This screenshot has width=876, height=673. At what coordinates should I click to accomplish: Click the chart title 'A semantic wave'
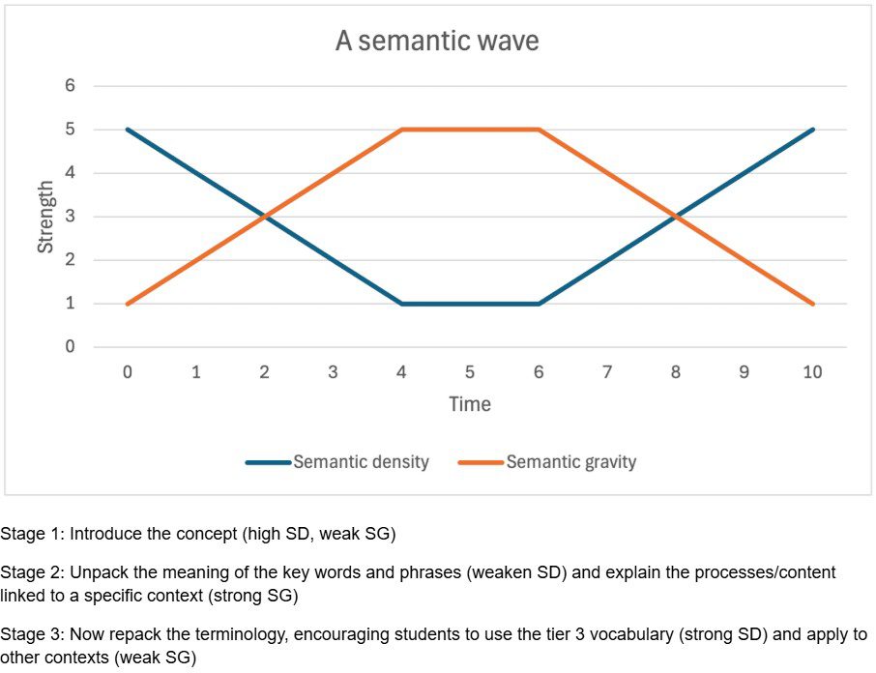(x=437, y=42)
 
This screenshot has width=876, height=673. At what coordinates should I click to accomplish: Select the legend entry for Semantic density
(x=360, y=462)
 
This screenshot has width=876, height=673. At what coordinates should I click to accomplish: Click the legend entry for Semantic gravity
(x=570, y=462)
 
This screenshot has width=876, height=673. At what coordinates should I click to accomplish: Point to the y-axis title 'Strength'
(x=45, y=217)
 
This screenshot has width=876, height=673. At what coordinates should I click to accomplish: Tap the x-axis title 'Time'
(x=470, y=404)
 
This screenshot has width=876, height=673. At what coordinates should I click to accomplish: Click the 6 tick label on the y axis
(x=70, y=86)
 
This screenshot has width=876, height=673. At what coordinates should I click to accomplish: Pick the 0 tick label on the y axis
(x=70, y=347)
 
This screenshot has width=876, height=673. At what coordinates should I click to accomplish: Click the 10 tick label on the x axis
(x=812, y=372)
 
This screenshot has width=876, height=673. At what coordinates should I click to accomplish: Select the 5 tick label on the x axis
(x=470, y=372)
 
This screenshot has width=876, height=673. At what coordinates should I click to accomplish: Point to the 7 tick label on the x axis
(x=607, y=372)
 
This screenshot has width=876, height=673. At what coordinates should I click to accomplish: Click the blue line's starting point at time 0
(x=128, y=130)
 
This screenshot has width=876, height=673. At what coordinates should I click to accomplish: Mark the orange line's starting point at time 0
(x=128, y=304)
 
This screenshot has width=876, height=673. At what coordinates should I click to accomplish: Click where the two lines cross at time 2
(x=265, y=217)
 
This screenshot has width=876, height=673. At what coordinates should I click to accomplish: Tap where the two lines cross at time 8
(x=676, y=217)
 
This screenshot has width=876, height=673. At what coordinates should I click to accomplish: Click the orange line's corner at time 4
(x=401, y=130)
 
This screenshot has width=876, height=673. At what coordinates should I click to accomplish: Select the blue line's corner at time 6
(x=539, y=304)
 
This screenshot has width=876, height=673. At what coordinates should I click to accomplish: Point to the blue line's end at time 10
(x=812, y=130)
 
